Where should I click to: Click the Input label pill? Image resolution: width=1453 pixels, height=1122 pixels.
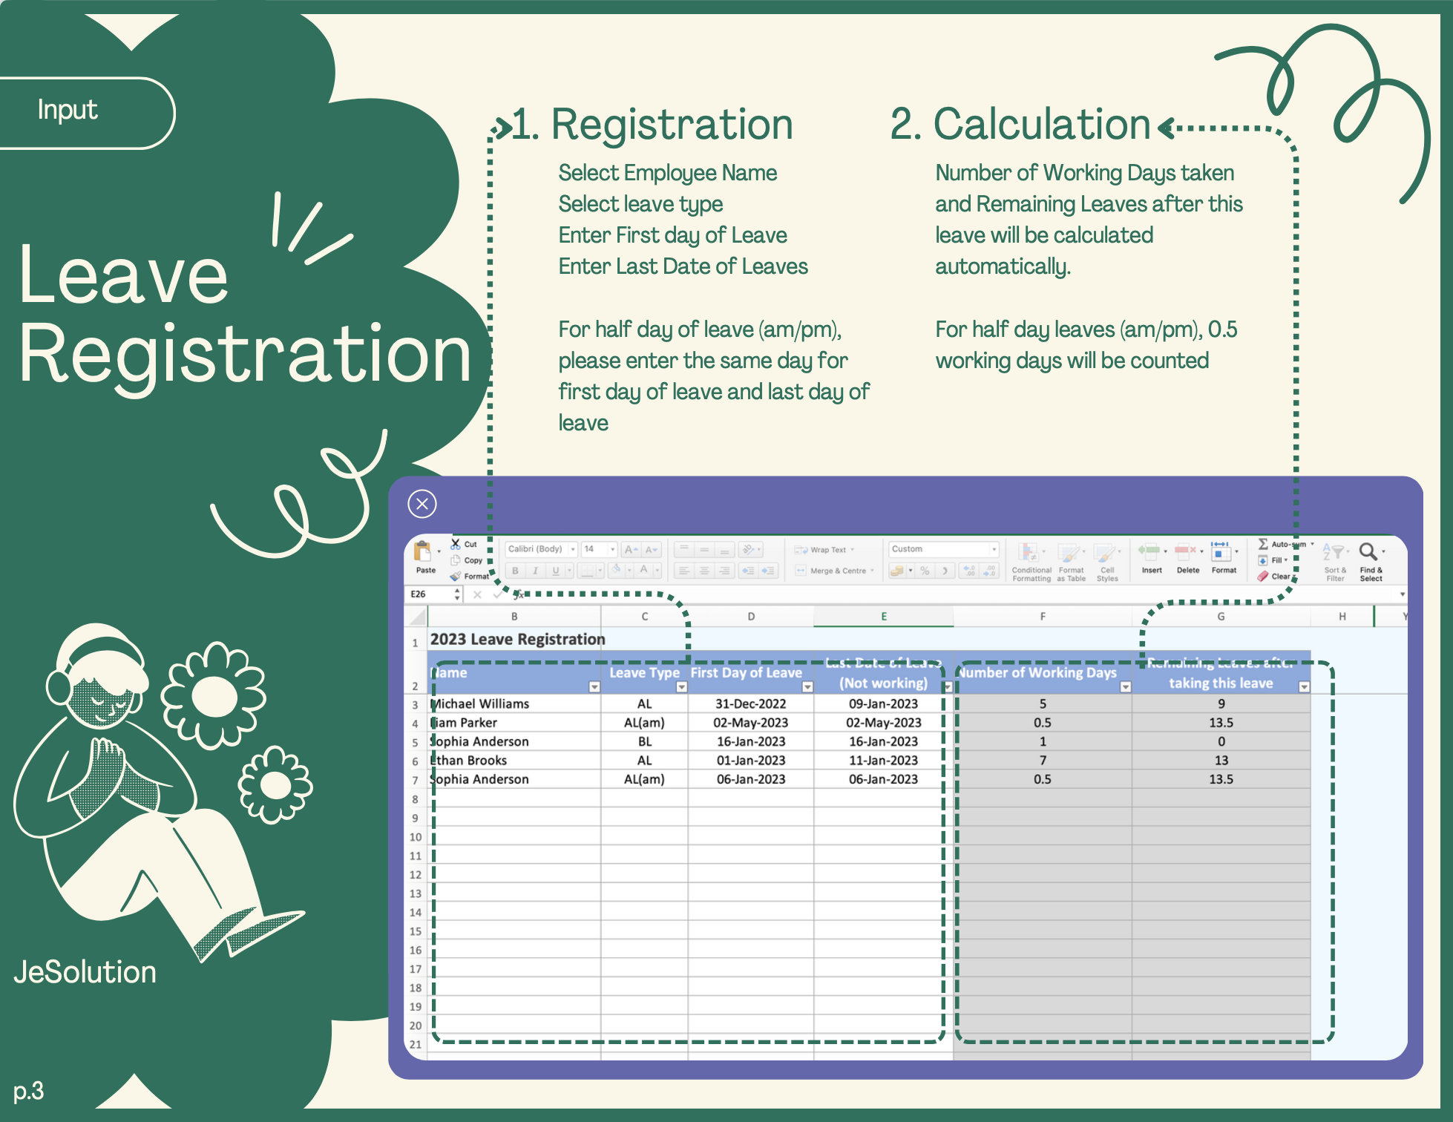(68, 111)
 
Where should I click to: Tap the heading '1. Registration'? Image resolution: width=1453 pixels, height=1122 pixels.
(653, 124)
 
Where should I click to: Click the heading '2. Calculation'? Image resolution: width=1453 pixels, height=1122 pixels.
(1020, 124)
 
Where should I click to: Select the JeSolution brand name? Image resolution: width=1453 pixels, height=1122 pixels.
(85, 972)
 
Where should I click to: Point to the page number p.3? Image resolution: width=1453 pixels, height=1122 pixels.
(29, 1091)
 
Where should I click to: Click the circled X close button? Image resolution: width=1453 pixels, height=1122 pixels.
(422, 505)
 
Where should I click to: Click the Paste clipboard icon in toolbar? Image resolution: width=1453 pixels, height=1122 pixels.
(424, 554)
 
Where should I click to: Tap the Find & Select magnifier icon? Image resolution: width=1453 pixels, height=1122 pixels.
(1368, 552)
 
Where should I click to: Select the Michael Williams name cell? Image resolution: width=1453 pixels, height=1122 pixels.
(481, 703)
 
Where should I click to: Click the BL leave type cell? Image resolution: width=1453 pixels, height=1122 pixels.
(644, 741)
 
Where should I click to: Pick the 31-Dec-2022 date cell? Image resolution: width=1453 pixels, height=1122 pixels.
(750, 703)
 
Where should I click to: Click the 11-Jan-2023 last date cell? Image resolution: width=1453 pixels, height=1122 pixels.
(883, 760)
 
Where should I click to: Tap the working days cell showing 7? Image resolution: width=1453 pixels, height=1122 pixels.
(1042, 760)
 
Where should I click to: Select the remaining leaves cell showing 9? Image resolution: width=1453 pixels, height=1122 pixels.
(1221, 703)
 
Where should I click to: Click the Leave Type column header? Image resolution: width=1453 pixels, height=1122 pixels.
(644, 673)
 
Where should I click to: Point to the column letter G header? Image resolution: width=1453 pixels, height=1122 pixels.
(1221, 617)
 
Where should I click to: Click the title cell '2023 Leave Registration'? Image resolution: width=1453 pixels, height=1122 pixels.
(518, 640)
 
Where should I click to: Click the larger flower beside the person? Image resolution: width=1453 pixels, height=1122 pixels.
(214, 695)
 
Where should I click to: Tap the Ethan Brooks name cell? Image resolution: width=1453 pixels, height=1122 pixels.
(470, 760)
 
